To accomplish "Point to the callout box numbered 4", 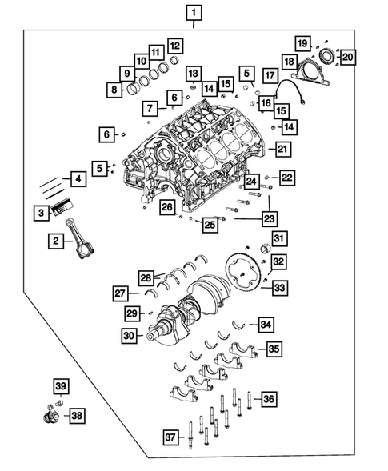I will pyautogui.click(x=78, y=179).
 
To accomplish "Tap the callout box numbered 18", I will pyautogui.click(x=289, y=61).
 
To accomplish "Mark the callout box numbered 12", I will pyautogui.click(x=174, y=46).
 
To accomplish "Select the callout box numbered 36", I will pyautogui.click(x=270, y=398).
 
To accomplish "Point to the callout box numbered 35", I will pyautogui.click(x=274, y=349).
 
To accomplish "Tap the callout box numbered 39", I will pyautogui.click(x=60, y=388).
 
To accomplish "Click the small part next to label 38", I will pyautogui.click(x=50, y=416).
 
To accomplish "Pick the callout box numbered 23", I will pyautogui.click(x=270, y=217).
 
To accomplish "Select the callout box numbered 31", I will pyautogui.click(x=278, y=238).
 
